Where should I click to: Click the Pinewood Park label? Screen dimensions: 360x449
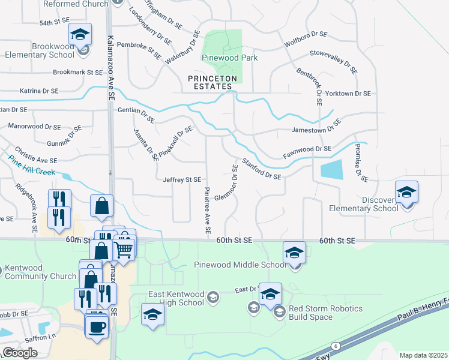[x=230, y=58]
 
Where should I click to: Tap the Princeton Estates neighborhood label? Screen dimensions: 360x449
[x=212, y=82]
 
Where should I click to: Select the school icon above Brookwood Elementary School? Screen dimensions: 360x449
[x=79, y=35]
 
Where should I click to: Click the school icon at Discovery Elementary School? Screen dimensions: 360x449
[x=406, y=192]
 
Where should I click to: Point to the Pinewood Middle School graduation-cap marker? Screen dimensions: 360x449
[x=294, y=253]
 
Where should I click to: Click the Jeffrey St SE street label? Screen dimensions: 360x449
[x=181, y=179]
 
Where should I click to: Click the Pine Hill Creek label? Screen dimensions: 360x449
[x=32, y=166]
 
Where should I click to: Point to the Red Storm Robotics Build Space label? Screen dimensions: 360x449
[x=326, y=313]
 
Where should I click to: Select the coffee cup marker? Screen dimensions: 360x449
[x=96, y=327]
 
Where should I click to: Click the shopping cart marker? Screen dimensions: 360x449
[x=124, y=247]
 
